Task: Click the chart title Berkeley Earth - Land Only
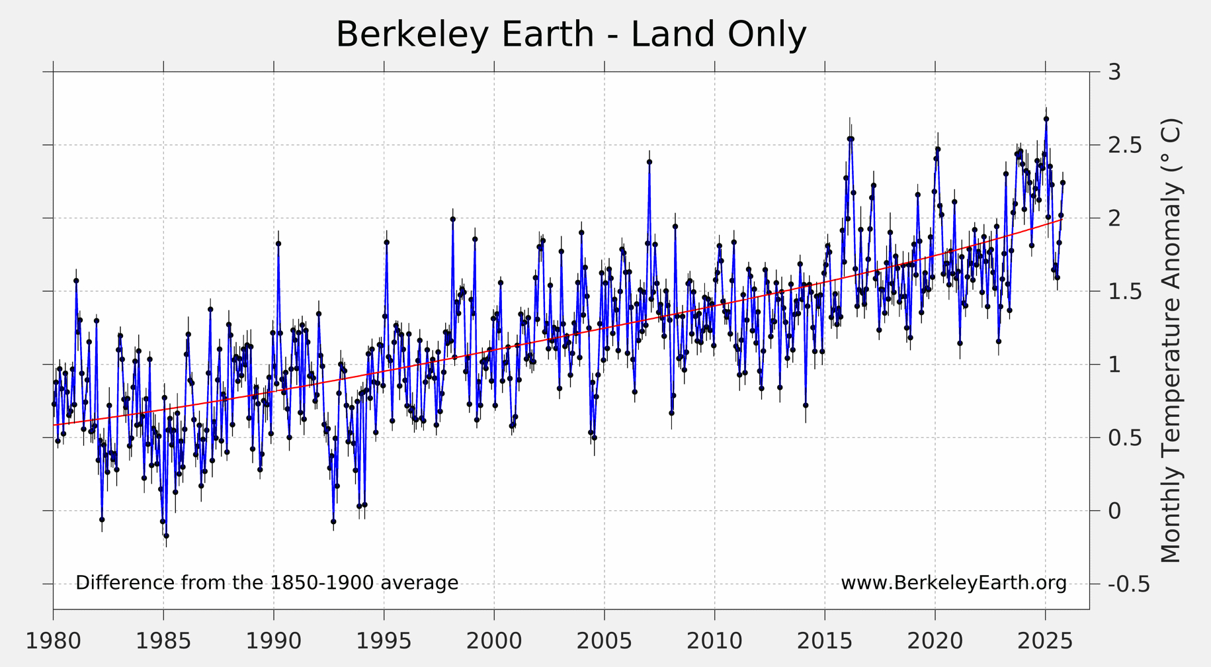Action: click(571, 34)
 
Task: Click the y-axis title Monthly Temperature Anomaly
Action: click(1171, 341)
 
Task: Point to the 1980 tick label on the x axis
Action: click(53, 641)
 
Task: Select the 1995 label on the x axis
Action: click(384, 641)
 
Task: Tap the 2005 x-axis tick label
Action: click(604, 641)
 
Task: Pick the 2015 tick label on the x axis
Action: click(825, 641)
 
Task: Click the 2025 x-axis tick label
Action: click(1045, 641)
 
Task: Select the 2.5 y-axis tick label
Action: click(1124, 145)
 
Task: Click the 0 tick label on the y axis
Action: click(1114, 511)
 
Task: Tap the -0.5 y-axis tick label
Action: click(1128, 584)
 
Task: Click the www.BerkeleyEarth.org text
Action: click(953, 583)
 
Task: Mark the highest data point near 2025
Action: click(1046, 119)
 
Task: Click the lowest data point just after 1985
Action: click(166, 535)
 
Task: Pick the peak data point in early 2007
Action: click(649, 161)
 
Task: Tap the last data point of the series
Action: click(1062, 183)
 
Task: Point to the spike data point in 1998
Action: click(452, 219)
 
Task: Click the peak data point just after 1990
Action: click(278, 244)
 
